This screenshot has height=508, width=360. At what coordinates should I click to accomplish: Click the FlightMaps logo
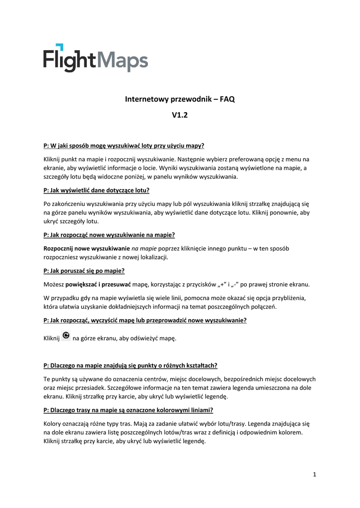[95, 58]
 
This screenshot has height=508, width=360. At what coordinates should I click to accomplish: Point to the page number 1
[315, 475]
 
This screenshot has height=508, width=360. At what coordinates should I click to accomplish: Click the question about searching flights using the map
[124, 145]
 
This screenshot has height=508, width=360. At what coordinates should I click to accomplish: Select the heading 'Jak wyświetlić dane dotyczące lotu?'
[97, 190]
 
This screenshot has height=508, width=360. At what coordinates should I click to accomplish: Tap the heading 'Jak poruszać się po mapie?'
[84, 270]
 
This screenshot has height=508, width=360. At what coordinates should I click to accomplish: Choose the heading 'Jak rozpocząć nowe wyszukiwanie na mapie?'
[109, 235]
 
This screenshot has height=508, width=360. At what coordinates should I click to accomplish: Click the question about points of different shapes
[131, 366]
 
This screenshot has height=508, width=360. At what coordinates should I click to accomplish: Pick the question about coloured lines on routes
[128, 410]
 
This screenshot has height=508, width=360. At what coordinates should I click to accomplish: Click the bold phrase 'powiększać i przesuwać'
[98, 284]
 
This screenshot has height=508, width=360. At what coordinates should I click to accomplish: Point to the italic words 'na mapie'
[144, 248]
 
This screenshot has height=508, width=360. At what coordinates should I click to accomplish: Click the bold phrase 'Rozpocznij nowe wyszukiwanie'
[86, 248]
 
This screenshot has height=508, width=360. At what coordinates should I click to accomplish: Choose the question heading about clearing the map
[145, 320]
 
